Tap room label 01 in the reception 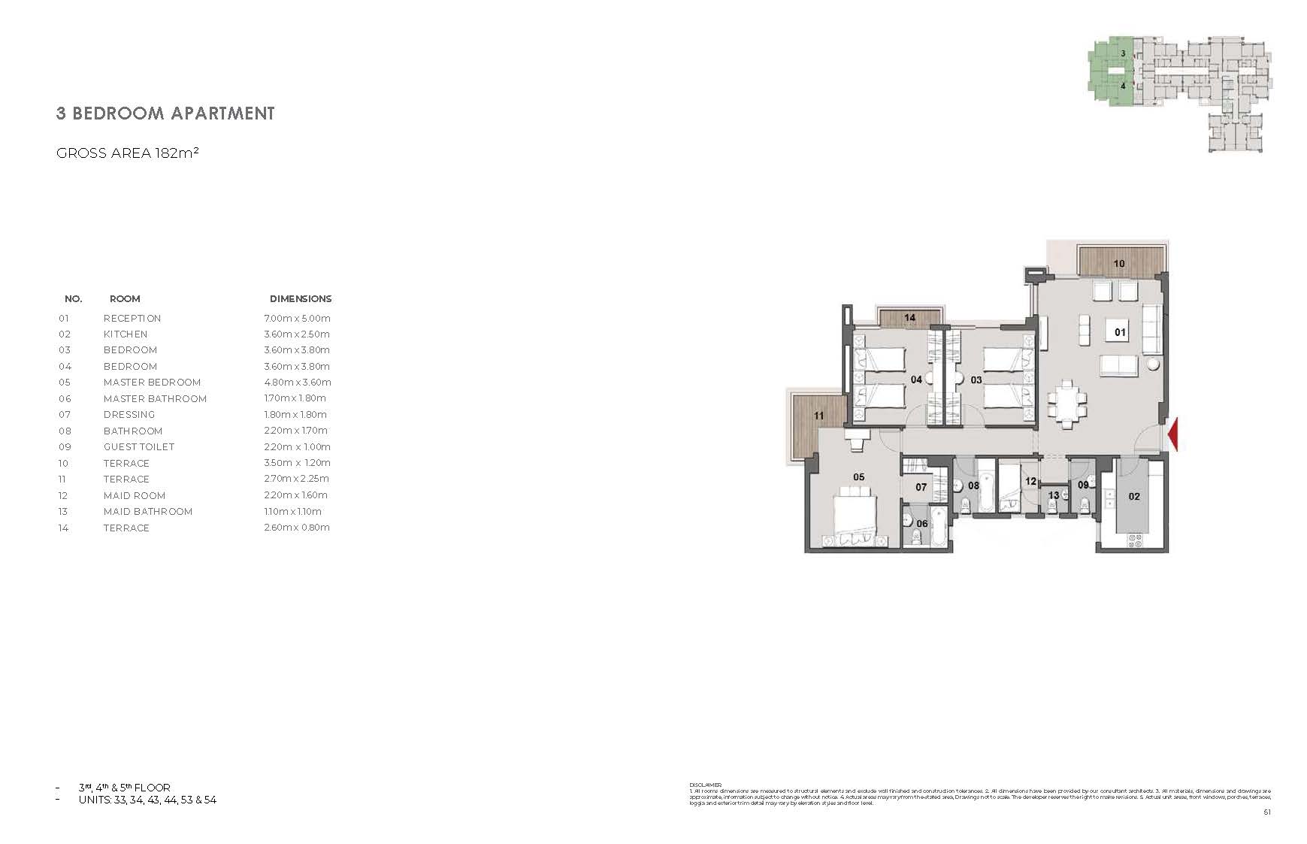point(1120,332)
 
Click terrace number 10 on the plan point(1118,264)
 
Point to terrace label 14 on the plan point(909,318)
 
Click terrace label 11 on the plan point(818,416)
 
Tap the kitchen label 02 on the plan point(1134,496)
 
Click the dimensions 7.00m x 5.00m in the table point(297,319)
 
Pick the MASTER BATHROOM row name point(155,399)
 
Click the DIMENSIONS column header point(301,299)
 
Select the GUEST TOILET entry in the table point(138,447)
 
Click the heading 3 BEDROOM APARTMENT point(165,113)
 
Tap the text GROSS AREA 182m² point(127,153)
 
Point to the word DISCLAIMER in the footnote point(705,785)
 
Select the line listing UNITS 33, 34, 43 point(147,800)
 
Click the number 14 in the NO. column point(63,528)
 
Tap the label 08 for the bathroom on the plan point(973,486)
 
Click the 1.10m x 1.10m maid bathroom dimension point(297,512)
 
